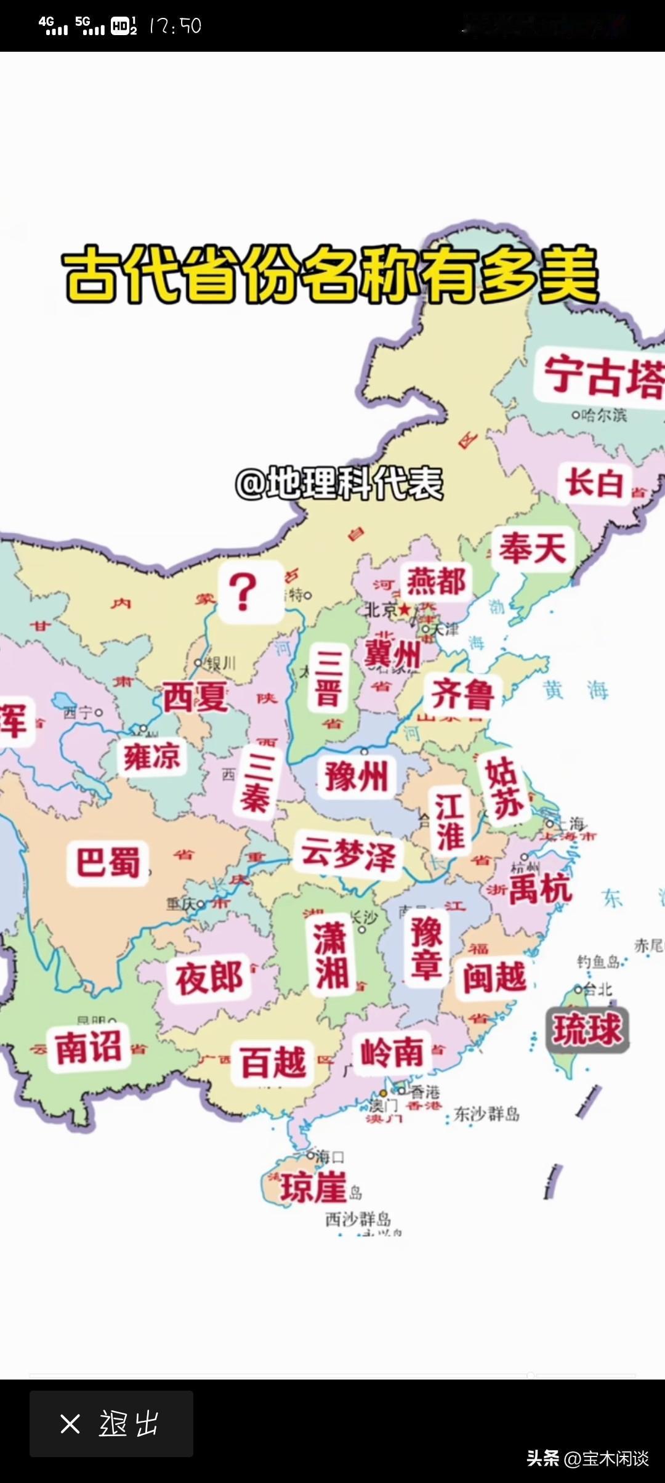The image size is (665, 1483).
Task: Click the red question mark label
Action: point(243,592)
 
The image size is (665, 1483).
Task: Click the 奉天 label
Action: point(533,548)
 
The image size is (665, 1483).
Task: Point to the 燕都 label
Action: point(436,581)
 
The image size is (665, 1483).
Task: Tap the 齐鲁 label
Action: point(462,694)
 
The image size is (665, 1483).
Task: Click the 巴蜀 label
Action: point(108,862)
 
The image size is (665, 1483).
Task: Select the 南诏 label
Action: point(88,1047)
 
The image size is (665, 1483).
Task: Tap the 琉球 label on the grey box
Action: point(587,1030)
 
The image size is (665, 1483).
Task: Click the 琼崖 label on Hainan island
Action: point(313,1187)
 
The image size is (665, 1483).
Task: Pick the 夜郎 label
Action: point(209,978)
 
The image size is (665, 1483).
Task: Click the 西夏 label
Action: point(195,697)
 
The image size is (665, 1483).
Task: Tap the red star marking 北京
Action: point(405,610)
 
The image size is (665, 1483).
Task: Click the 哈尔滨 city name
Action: point(603,415)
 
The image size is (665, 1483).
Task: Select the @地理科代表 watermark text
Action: point(339,483)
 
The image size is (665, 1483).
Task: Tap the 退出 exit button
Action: point(111,1424)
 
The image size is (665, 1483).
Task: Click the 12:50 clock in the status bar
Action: point(175,26)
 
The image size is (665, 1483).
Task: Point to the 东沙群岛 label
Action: point(486,1114)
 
